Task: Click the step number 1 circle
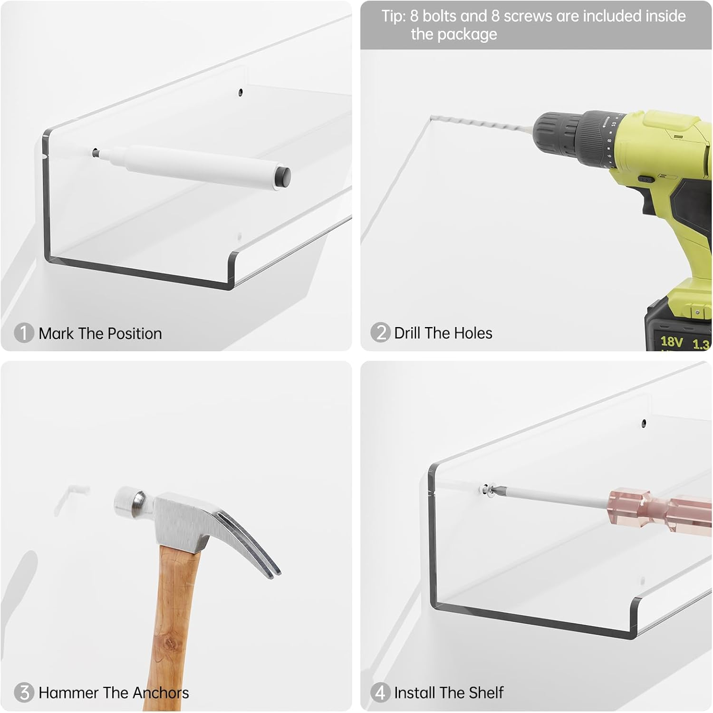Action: (x=24, y=333)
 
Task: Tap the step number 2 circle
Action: (x=380, y=333)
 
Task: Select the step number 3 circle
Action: (x=24, y=693)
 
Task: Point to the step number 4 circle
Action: (x=380, y=693)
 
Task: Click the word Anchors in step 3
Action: (x=161, y=693)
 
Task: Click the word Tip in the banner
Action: (x=393, y=16)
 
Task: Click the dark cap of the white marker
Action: (x=283, y=176)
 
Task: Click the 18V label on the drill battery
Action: (x=672, y=341)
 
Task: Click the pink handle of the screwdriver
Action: (x=661, y=511)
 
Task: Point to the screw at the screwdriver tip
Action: (x=486, y=489)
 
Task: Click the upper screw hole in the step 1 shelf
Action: (x=241, y=92)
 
